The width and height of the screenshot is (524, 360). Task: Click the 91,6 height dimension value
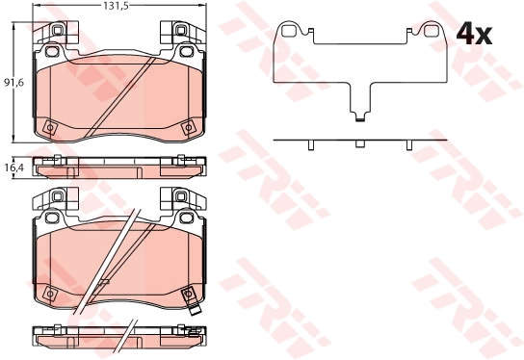tap(13, 82)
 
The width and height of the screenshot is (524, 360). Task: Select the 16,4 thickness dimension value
tap(13, 167)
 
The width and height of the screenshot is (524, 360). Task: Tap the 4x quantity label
tap(474, 34)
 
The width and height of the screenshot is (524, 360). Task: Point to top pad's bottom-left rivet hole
tap(50, 127)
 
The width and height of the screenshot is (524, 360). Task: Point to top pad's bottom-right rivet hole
tap(188, 128)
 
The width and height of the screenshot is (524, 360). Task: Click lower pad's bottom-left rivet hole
tap(50, 294)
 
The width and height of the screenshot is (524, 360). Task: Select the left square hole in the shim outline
tap(287, 31)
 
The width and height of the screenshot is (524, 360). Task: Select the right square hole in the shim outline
tap(431, 31)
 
